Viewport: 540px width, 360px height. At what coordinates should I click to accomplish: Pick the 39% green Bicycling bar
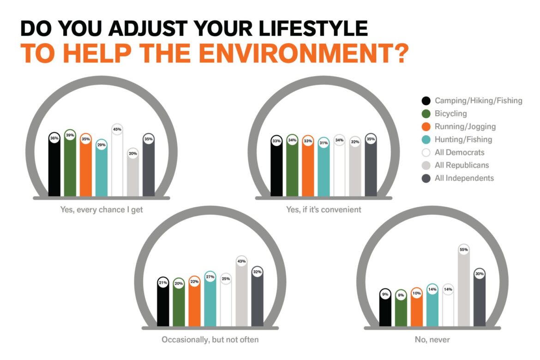click(x=70, y=162)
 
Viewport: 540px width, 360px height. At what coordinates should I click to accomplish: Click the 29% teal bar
click(x=101, y=168)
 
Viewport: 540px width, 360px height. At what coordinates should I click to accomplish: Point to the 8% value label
click(x=401, y=295)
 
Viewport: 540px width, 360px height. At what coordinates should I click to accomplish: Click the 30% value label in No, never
click(x=480, y=274)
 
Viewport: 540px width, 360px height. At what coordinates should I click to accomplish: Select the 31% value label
click(x=324, y=143)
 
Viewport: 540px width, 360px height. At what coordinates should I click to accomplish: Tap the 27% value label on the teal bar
click(x=210, y=276)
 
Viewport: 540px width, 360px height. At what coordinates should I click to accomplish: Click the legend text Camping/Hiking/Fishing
click(x=478, y=101)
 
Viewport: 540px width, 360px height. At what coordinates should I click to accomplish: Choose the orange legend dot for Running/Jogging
click(x=426, y=126)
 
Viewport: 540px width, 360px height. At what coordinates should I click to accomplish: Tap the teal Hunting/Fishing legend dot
click(x=426, y=139)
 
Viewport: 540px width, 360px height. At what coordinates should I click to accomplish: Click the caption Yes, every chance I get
click(x=101, y=210)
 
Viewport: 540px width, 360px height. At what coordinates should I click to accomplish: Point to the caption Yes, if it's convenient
click(x=324, y=210)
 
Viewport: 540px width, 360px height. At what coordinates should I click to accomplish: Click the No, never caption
click(x=432, y=340)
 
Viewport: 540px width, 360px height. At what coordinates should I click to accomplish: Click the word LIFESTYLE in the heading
click(x=313, y=28)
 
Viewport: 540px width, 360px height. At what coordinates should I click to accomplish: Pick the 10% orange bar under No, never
click(x=416, y=306)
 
